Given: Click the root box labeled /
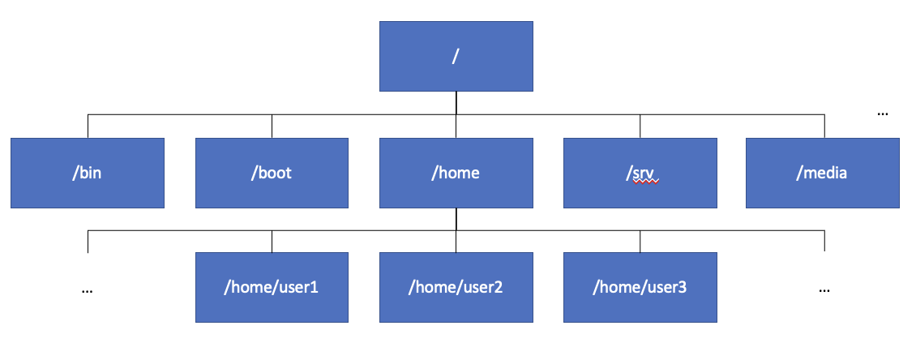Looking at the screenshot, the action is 456,56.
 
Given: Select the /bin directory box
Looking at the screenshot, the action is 88,173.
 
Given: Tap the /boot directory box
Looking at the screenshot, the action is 272,173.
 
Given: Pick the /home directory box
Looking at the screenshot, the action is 456,173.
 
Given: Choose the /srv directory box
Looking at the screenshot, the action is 640,173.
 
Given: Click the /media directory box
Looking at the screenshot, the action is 823,173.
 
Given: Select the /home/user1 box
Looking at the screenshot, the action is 272,288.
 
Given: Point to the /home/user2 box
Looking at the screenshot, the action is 456,288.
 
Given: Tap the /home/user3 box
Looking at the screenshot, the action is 640,288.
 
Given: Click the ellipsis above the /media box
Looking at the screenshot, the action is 883,114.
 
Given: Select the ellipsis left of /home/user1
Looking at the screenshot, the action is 88,290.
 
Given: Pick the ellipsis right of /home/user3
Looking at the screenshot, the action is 824,290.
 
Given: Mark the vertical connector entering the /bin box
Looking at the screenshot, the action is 88,126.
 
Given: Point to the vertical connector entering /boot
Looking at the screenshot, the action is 272,126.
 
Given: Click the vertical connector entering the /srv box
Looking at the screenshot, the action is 640,126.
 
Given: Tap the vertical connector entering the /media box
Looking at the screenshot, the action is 824,126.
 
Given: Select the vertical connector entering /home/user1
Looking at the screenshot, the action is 272,242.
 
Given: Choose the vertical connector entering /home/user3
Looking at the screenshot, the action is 640,242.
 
